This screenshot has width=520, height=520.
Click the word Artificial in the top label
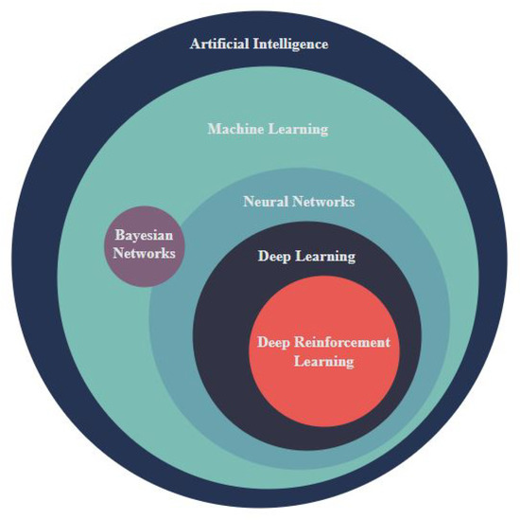tap(219, 44)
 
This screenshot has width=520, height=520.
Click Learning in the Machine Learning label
tap(299, 128)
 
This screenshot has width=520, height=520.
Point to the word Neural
tap(265, 202)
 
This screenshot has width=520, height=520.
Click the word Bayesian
tap(144, 235)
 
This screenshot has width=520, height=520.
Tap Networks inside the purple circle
tap(144, 253)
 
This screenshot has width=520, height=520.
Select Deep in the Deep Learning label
tap(275, 257)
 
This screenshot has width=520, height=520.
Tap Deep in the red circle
tap(273, 342)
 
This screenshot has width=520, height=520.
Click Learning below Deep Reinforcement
tap(323, 361)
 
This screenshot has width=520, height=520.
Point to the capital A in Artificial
tap(195, 44)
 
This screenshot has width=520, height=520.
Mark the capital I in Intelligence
tap(254, 44)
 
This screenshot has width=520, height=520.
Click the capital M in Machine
tap(215, 128)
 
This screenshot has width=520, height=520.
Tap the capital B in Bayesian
tap(119, 235)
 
